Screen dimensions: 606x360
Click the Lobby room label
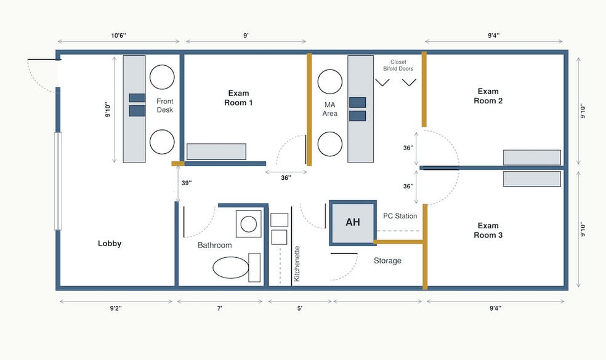pos(110,243)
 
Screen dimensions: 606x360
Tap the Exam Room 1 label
pos(238,98)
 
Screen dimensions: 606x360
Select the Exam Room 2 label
pos(488,96)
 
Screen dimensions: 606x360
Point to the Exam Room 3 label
pos(488,230)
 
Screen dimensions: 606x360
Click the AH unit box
pos(353,223)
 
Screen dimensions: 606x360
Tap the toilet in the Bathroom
pos(236,267)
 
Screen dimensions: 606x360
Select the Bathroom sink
pos(249,224)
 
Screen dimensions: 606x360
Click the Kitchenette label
pos(297,264)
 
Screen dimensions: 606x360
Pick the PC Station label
pos(400,216)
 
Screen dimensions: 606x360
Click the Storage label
pos(387,261)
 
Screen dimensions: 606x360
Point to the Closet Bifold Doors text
pos(398,65)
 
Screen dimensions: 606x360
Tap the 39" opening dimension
pos(187,183)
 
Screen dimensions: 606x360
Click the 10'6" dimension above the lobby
pos(118,36)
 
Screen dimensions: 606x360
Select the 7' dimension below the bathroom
pos(219,308)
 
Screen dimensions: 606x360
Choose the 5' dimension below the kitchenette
pos(299,308)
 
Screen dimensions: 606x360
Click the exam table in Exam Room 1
pos(216,151)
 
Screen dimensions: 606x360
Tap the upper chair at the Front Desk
pos(162,78)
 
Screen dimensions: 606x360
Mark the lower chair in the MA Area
pos(329,144)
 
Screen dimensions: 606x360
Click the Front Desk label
pos(164,105)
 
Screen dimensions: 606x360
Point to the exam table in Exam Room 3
pos(532,179)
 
